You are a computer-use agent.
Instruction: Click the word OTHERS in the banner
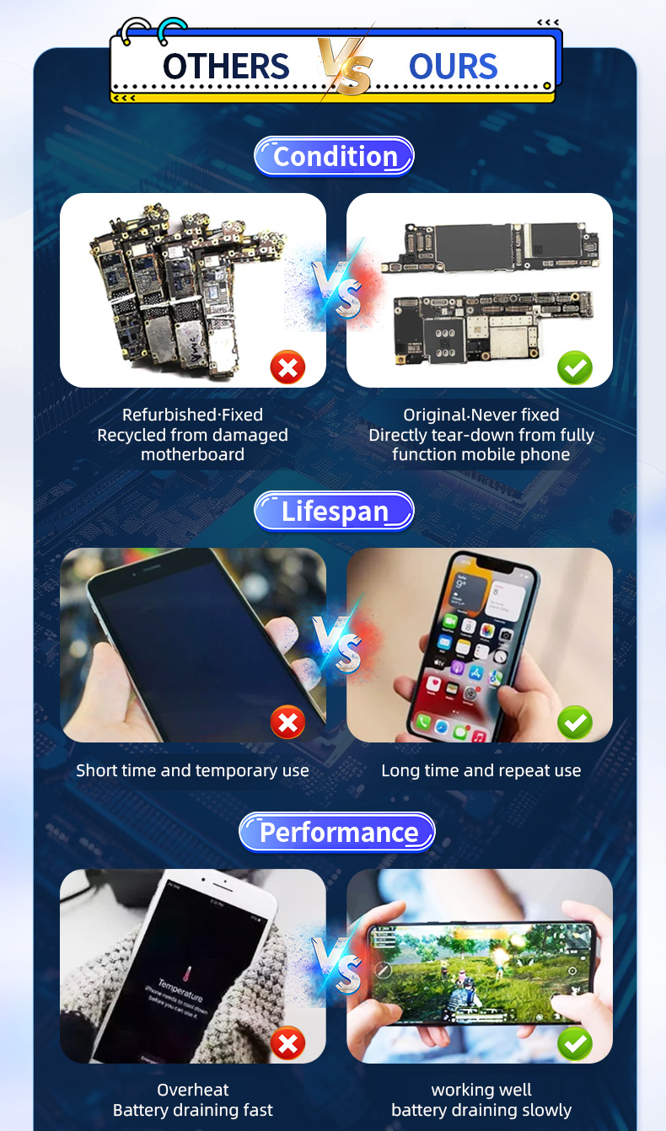226,67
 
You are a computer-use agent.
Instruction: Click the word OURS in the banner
453,67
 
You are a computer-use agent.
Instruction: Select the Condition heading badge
334,157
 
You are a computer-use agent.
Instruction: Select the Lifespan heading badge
334,512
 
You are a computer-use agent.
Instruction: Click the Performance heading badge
336,833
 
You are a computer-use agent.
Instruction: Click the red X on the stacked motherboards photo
287,367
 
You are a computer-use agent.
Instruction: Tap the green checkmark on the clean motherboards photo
575,367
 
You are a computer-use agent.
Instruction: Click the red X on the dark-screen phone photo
287,722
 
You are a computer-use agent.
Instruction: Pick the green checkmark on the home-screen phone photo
575,722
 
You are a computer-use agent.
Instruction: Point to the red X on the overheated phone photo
287,1043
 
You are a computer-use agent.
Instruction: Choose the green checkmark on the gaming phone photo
575,1043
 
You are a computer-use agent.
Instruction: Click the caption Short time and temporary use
192,771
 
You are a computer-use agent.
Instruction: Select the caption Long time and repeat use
481,771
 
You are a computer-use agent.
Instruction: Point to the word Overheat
193,1090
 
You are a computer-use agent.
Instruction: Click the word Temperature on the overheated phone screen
180,990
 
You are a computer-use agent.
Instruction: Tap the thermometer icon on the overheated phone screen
188,972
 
